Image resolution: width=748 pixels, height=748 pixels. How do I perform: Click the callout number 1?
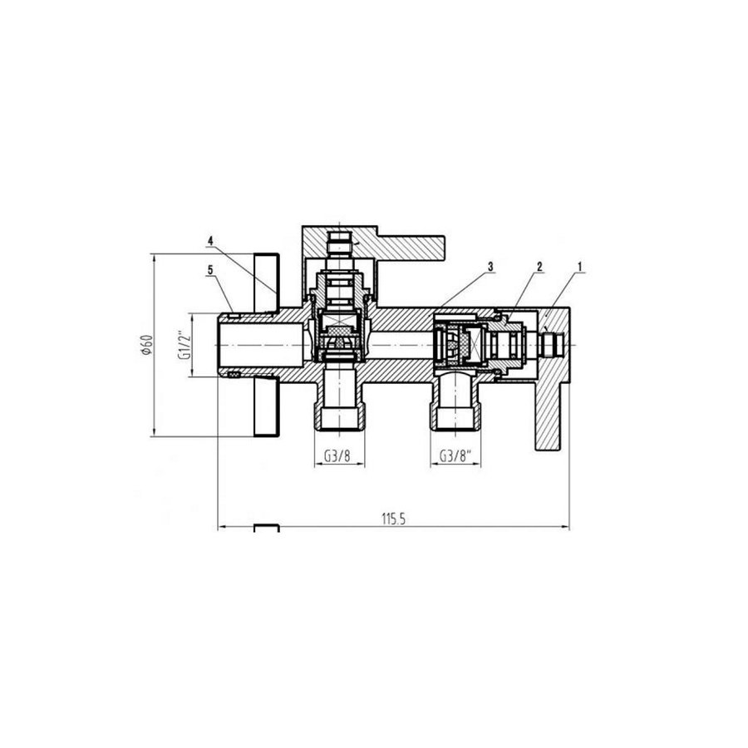click(580, 267)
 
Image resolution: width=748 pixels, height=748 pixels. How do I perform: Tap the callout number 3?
click(491, 267)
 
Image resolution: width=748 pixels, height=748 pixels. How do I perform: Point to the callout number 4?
click(211, 242)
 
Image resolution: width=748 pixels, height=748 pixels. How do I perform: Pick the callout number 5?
click(211, 269)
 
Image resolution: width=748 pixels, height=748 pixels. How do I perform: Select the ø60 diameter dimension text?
click(145, 344)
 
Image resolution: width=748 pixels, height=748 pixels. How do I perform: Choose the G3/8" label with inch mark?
click(455, 455)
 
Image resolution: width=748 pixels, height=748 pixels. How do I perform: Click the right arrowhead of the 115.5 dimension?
click(565, 527)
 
